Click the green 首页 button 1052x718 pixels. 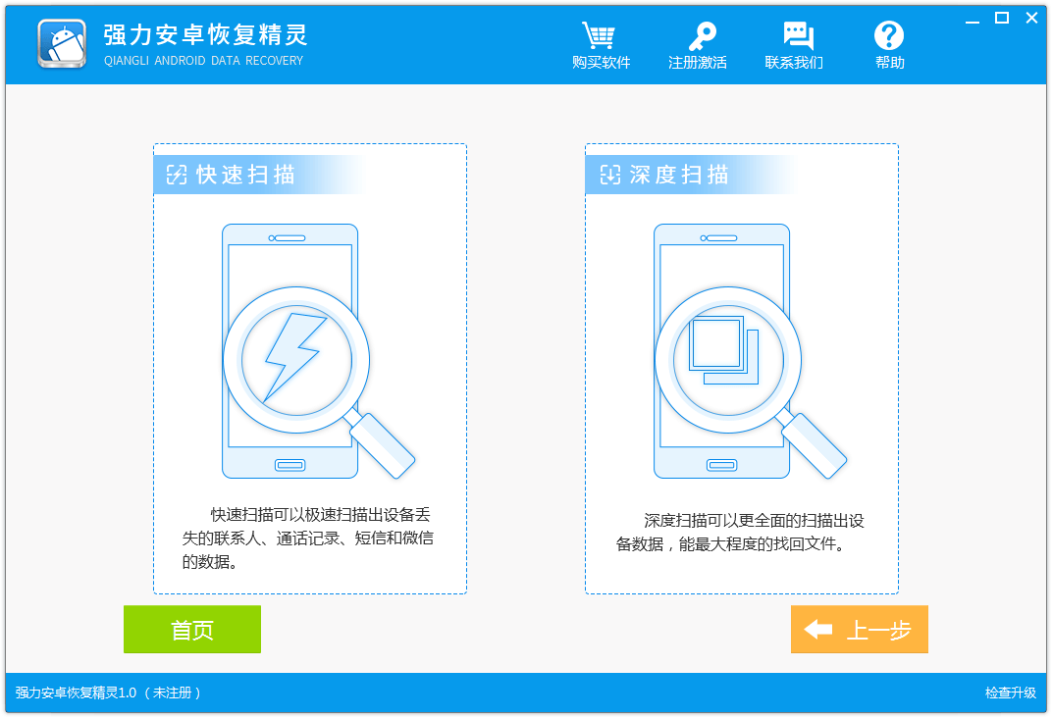192,630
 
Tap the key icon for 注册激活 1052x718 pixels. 700,36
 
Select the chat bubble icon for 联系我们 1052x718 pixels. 798,36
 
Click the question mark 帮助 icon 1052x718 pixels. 889,36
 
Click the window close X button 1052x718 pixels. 1031,18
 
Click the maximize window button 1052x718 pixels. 1002,18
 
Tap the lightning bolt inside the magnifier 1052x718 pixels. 294,355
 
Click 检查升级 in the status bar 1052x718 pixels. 1011,692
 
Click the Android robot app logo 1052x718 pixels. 62,44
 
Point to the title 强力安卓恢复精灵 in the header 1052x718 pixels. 206,35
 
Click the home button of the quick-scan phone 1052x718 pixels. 290,465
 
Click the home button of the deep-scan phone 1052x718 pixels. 722,465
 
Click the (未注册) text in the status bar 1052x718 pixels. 173,692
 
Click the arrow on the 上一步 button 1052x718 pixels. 817,630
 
